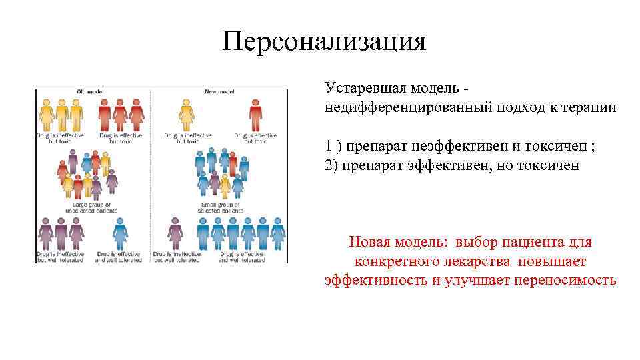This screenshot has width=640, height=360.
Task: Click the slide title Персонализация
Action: pyautogui.click(x=324, y=41)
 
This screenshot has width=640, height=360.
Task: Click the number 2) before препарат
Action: pyautogui.click(x=331, y=165)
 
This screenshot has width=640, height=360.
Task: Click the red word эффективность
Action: pyautogui.click(x=376, y=280)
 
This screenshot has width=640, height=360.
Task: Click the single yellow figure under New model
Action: pyautogui.click(x=186, y=115)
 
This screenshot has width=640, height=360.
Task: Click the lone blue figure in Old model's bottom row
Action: pyautogui.click(x=121, y=233)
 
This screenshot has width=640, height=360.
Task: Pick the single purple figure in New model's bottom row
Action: pyautogui.click(x=175, y=233)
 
